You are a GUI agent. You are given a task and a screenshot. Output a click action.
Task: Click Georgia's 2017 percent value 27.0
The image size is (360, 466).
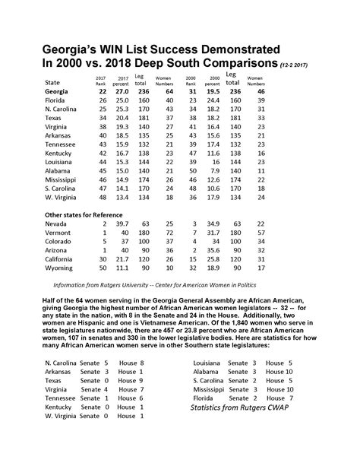pyautogui.click(x=124, y=91)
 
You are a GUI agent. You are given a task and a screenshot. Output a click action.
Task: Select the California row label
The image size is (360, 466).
pyautogui.click(x=63, y=260)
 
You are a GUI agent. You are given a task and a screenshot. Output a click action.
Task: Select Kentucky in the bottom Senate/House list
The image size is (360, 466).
pyautogui.click(x=61, y=407)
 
